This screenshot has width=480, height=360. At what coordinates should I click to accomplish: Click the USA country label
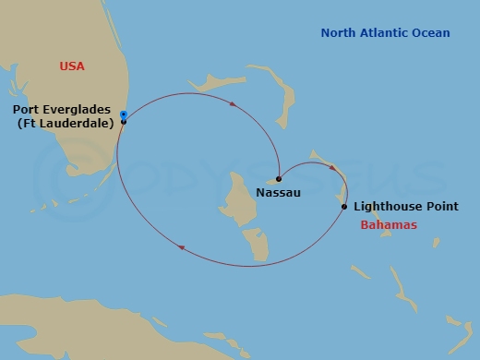(72, 66)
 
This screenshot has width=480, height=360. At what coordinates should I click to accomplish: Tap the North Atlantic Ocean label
(385, 33)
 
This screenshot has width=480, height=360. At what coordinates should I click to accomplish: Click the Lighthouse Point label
(405, 207)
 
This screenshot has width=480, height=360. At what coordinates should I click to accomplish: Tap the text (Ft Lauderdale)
(66, 126)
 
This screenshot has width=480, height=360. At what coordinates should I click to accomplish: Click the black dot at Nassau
(278, 179)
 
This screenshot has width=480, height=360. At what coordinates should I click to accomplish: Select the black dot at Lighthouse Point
(343, 207)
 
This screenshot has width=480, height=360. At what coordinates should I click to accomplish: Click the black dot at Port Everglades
(123, 122)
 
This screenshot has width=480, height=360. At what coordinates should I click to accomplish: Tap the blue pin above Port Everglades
(123, 114)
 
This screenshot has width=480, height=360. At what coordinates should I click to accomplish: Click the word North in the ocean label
(337, 33)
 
